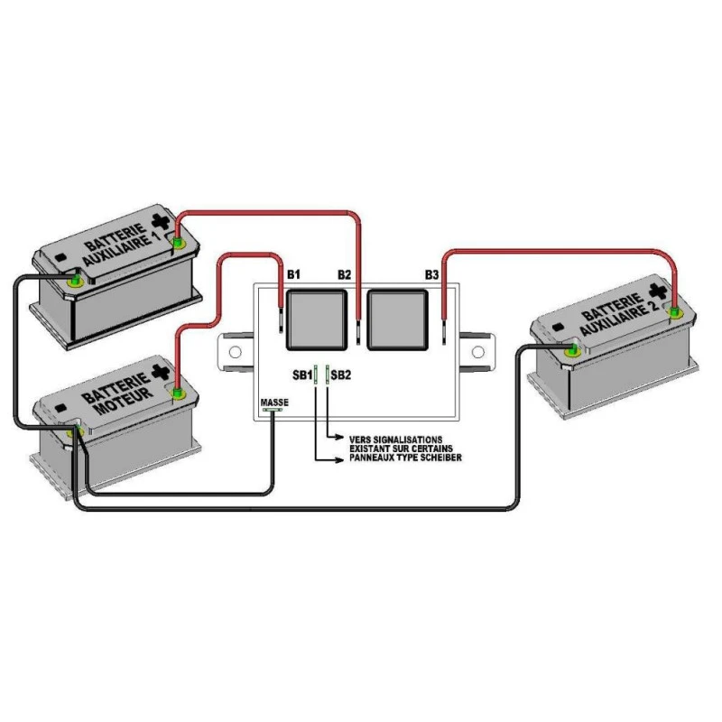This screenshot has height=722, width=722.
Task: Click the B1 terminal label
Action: (x=292, y=273)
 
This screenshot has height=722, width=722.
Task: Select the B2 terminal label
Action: (x=344, y=273)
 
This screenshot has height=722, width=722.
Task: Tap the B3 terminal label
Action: (x=432, y=273)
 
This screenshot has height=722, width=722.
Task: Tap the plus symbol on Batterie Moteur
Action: (x=161, y=371)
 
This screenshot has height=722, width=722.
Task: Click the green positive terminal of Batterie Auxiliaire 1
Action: (x=177, y=243)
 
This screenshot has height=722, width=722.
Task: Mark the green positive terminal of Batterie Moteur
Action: (x=177, y=393)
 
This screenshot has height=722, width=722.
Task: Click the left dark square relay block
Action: (x=313, y=319)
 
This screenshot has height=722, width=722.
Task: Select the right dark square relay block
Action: (x=397, y=319)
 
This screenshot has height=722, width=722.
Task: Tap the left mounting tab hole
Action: (x=236, y=351)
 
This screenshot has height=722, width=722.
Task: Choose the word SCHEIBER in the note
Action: (x=441, y=458)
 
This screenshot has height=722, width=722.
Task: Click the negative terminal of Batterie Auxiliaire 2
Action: (x=571, y=347)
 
